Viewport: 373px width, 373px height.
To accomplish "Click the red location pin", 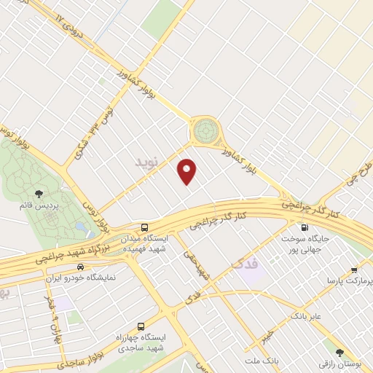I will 188,171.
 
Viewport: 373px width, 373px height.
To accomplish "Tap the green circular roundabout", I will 205,132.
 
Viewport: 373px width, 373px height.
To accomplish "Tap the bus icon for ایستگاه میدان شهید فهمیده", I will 144,227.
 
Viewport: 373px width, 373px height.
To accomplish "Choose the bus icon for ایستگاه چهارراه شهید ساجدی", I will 141,326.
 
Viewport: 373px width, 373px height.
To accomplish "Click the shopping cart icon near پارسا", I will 353,269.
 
